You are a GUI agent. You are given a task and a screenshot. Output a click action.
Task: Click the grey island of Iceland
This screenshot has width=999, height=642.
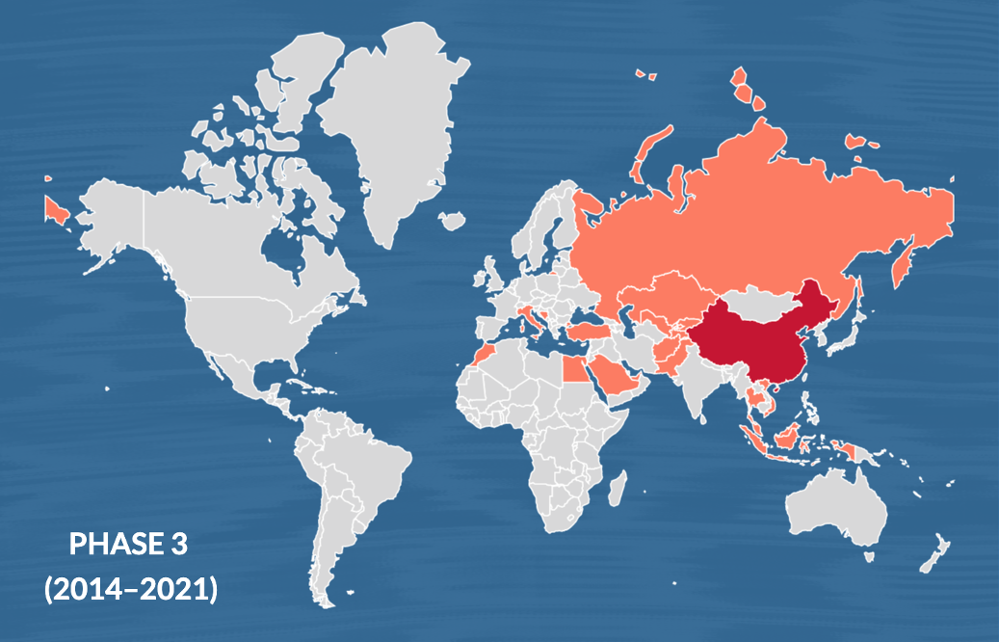pyautogui.click(x=451, y=221)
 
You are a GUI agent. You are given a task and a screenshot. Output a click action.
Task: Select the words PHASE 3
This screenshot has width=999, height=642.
pyautogui.click(x=128, y=545)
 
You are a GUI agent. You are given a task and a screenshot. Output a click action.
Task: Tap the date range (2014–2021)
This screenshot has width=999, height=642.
pyautogui.click(x=131, y=589)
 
